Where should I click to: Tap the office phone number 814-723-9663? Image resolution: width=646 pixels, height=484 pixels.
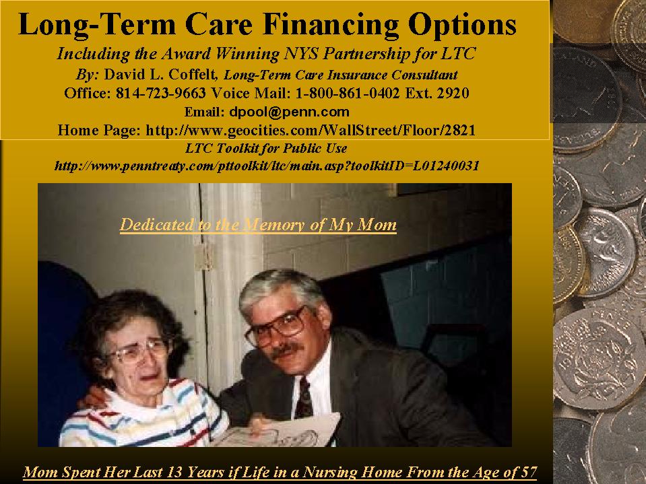(x=161, y=93)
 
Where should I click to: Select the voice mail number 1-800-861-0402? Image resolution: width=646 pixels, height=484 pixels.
(x=348, y=93)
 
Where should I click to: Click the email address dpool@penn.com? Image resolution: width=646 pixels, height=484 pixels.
(x=289, y=112)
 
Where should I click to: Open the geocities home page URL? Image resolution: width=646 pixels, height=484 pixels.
(x=311, y=130)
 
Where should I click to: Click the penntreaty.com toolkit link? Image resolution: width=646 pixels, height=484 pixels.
(x=267, y=166)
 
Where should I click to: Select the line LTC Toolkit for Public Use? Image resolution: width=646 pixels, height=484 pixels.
(x=266, y=147)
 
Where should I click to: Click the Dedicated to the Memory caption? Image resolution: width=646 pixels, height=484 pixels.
(x=258, y=225)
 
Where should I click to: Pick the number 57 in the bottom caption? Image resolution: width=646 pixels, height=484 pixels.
(x=529, y=472)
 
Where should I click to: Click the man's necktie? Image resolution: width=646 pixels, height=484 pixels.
(x=304, y=398)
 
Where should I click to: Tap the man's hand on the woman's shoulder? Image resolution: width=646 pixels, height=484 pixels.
(x=92, y=397)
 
